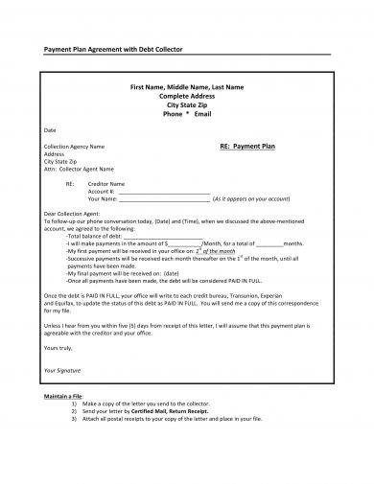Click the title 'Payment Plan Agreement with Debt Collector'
click(107, 48)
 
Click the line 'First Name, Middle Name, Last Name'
click(186, 87)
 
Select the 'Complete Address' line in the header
click(186, 96)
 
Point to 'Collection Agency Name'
click(75, 147)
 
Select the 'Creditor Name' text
click(105, 183)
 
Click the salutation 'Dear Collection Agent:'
click(73, 215)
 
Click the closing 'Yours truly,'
click(58, 347)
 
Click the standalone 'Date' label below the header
click(50, 128)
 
